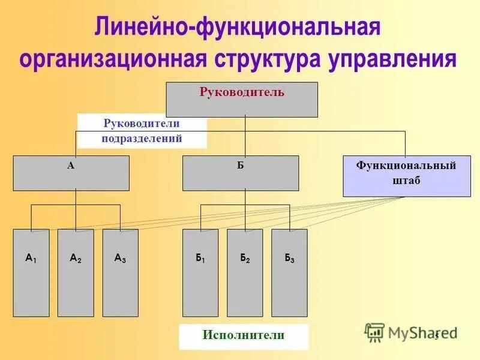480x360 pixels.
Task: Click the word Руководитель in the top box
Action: click(x=241, y=92)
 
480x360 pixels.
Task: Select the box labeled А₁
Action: click(x=31, y=273)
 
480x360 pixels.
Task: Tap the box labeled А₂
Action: click(x=76, y=273)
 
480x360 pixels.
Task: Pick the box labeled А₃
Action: click(x=120, y=273)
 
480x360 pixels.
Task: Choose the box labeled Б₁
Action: click(x=200, y=273)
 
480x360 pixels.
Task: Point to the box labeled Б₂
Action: click(x=245, y=273)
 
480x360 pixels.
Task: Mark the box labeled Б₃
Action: click(x=289, y=273)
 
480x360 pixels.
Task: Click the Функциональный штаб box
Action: click(x=406, y=176)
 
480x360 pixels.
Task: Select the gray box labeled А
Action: click(x=71, y=173)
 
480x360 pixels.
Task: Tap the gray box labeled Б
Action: click(x=240, y=173)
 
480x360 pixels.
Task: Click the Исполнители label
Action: click(x=243, y=335)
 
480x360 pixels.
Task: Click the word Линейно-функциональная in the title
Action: click(x=238, y=28)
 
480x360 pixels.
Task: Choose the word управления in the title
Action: click(x=394, y=60)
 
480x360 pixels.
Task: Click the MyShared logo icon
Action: click(x=374, y=332)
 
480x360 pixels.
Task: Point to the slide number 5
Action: click(x=436, y=335)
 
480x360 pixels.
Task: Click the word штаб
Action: click(x=406, y=181)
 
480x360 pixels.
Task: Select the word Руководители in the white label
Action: click(x=142, y=124)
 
